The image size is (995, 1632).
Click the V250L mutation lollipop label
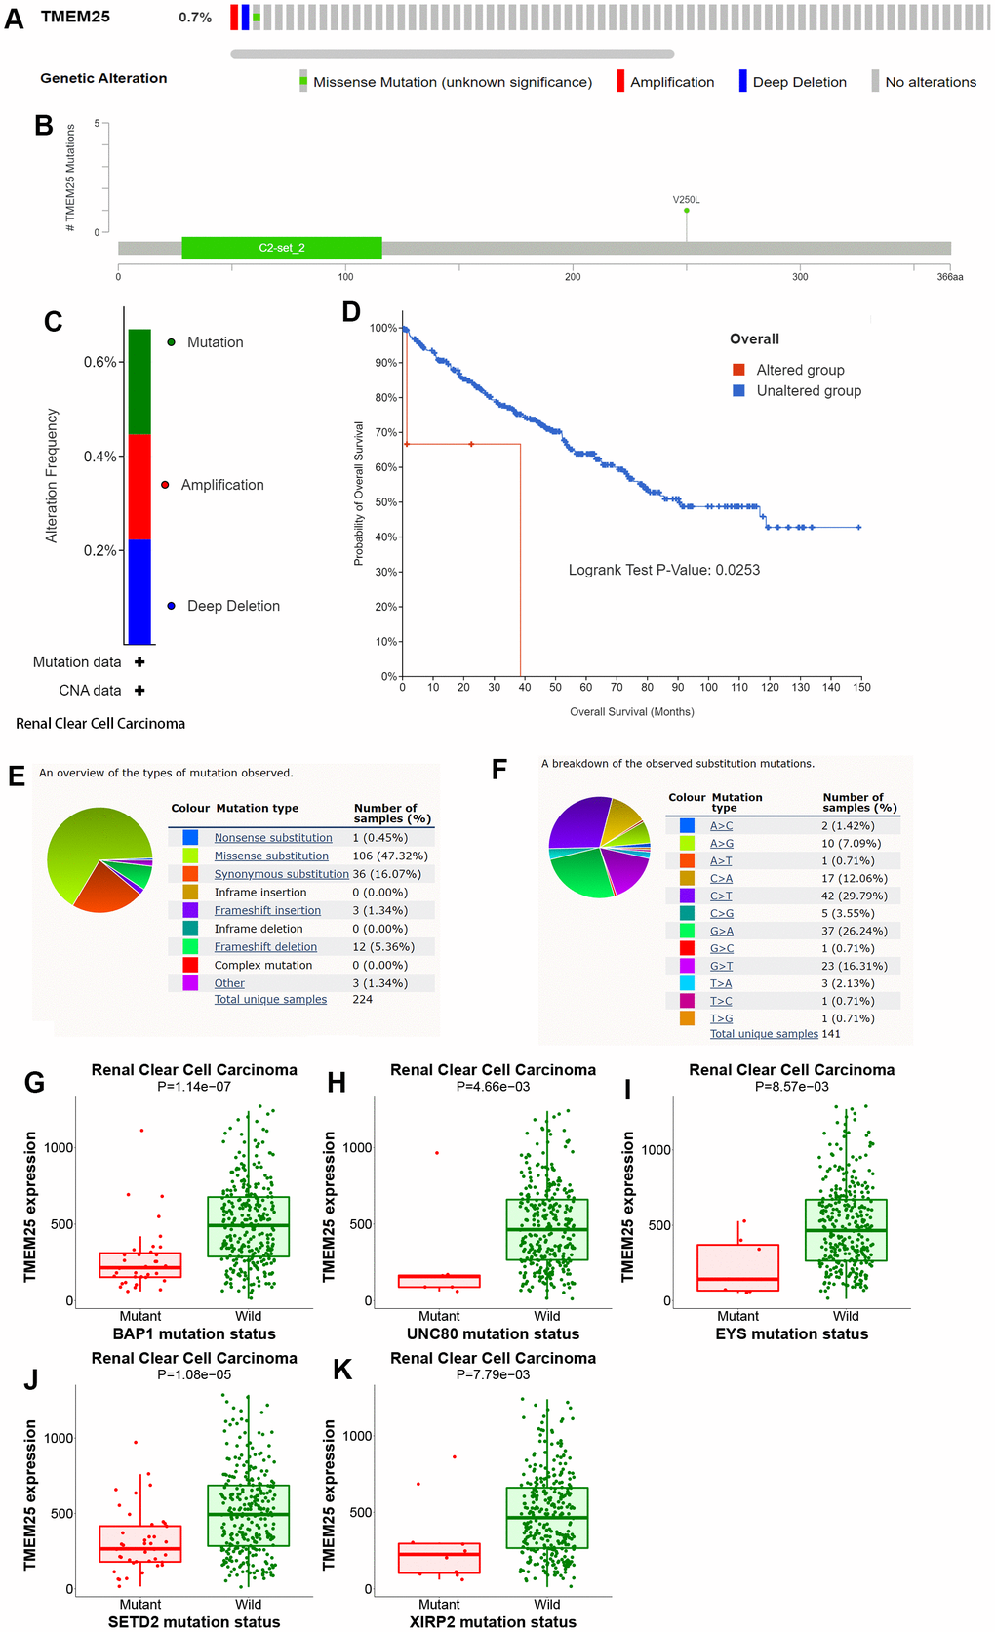(x=686, y=200)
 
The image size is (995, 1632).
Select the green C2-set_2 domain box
(x=281, y=248)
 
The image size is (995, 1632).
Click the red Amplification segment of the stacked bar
(x=139, y=487)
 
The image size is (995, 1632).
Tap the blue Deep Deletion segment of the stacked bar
(x=139, y=591)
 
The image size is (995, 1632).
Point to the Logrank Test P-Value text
(x=663, y=570)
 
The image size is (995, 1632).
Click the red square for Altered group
(x=739, y=370)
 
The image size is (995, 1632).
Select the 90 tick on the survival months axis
(x=678, y=687)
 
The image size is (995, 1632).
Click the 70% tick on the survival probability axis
(x=385, y=432)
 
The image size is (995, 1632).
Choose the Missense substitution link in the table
(x=271, y=856)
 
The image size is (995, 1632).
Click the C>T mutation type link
(x=721, y=896)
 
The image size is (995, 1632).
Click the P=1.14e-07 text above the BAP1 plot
(x=194, y=1086)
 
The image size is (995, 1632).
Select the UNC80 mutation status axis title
(x=493, y=1333)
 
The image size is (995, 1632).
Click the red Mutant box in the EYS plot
(x=737, y=1267)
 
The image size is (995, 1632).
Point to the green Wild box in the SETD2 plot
(x=248, y=1515)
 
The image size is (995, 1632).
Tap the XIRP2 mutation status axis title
(x=493, y=1621)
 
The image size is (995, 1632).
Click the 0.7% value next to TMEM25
(x=195, y=18)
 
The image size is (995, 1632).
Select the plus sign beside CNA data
(x=139, y=690)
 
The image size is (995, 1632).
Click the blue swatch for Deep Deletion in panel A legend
(x=742, y=81)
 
